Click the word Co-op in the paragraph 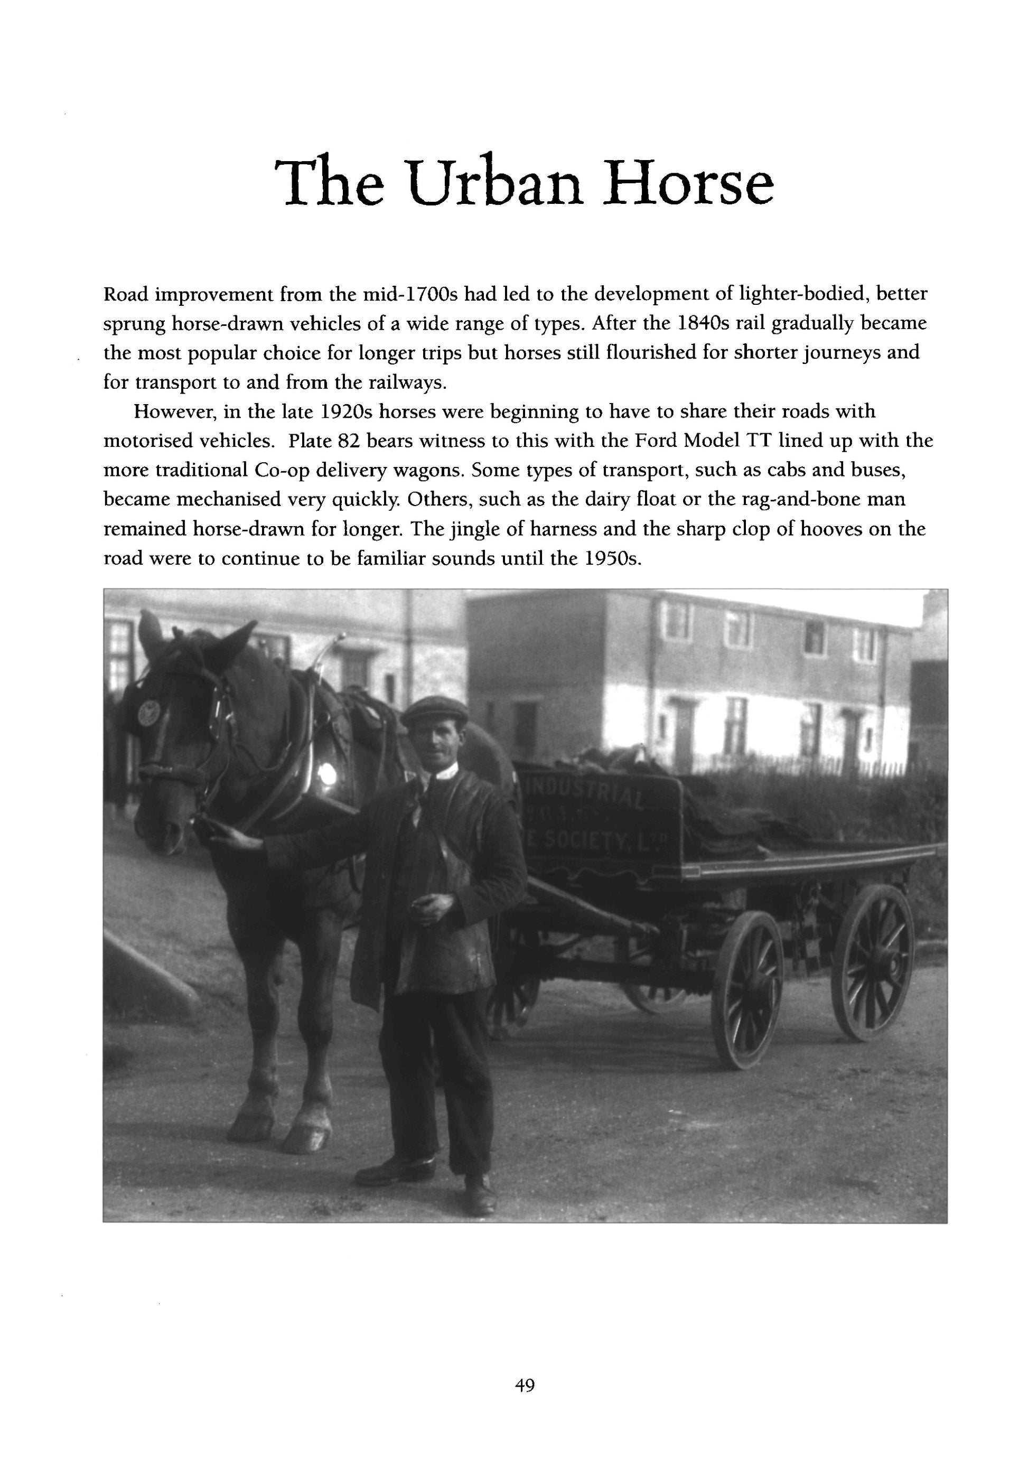click(281, 471)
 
